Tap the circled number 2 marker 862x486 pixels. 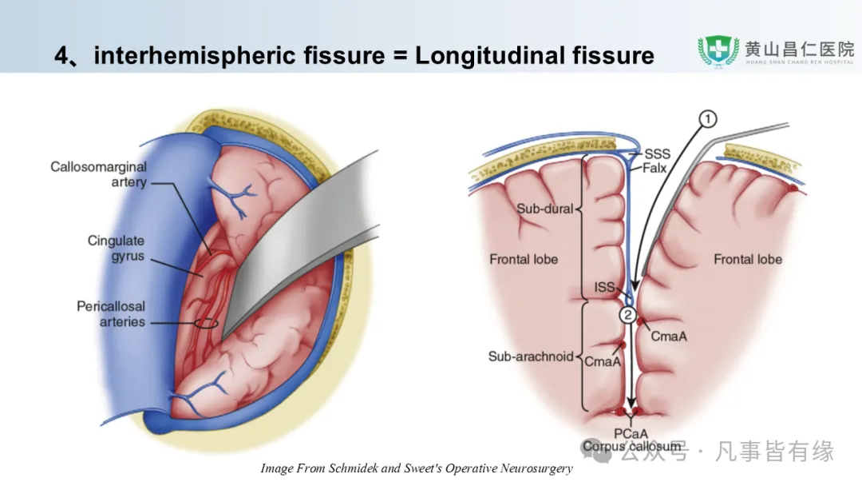(x=627, y=315)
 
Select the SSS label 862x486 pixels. (x=658, y=154)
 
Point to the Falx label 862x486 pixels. (x=656, y=168)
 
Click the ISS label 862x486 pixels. (x=606, y=287)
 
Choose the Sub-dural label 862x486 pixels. (x=544, y=209)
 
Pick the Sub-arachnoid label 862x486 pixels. (x=531, y=357)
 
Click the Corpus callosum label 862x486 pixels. (x=631, y=446)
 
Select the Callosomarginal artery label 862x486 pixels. (x=98, y=174)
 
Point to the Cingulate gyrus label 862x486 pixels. (x=117, y=247)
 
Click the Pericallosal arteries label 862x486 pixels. (x=111, y=313)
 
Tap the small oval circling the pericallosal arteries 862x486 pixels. (x=205, y=323)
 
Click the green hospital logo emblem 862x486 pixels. (x=718, y=51)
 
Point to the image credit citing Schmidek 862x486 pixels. (x=416, y=468)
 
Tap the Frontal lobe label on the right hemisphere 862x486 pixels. (x=747, y=259)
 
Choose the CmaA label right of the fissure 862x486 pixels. (x=668, y=337)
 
